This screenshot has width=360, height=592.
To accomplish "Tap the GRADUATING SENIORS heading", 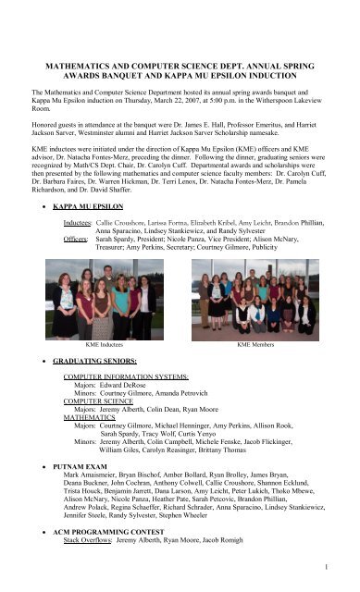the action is pos(95,355).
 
